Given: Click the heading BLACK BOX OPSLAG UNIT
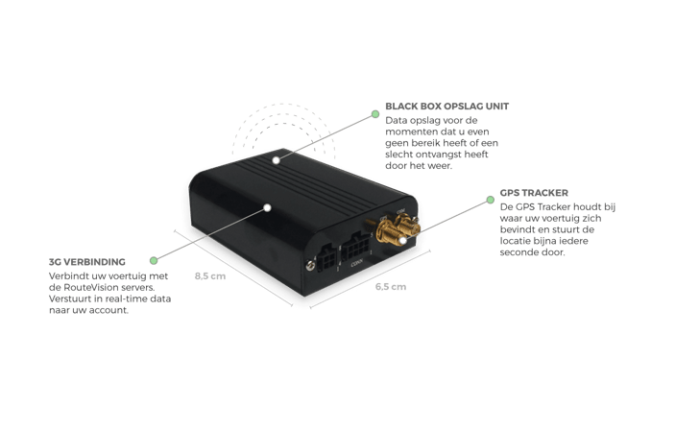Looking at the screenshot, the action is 446,106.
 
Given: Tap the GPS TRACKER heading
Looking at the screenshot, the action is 534,193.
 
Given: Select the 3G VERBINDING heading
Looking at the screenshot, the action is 87,262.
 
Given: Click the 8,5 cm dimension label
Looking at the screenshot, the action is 210,275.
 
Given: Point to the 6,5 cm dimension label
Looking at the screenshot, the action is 391,287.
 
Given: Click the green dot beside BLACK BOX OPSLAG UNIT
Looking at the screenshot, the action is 375,114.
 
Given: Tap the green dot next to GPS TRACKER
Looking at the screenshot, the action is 491,200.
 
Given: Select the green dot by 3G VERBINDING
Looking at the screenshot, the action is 154,260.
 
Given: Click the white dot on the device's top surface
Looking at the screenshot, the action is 276,160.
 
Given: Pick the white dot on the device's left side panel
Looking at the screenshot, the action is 267,208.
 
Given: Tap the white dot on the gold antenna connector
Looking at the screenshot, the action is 402,240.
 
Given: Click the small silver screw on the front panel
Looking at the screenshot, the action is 310,266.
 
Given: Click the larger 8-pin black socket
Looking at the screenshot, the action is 355,246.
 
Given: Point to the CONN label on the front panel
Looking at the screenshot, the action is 357,263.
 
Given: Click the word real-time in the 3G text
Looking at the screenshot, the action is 125,299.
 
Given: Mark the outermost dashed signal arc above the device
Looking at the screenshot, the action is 283,104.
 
